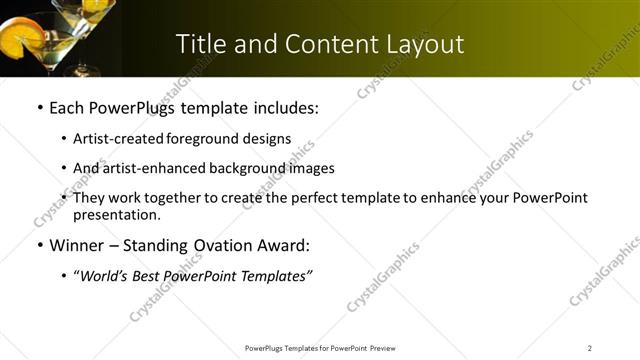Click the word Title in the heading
click(200, 44)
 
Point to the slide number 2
click(590, 348)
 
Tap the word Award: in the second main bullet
click(282, 245)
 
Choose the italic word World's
click(103, 277)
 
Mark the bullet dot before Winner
click(39, 246)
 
